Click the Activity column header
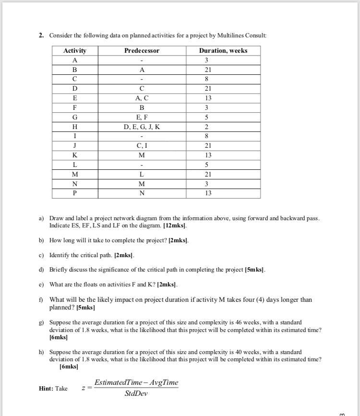[x=75, y=51]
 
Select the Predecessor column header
[x=142, y=51]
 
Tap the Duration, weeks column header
[x=223, y=51]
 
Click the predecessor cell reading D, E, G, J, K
[x=142, y=127]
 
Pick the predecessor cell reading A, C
[x=142, y=98]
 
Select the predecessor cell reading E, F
[x=142, y=117]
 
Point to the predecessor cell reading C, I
[x=142, y=146]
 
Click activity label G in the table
[x=75, y=117]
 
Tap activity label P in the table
[x=75, y=193]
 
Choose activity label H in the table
[x=75, y=127]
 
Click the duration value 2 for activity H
[x=206, y=127]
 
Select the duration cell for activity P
[x=206, y=193]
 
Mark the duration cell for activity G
[x=206, y=117]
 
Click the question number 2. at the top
[x=42, y=36]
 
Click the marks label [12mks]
[x=176, y=226]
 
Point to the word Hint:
[x=47, y=389]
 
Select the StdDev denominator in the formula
[x=136, y=394]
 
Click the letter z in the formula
[x=84, y=388]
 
